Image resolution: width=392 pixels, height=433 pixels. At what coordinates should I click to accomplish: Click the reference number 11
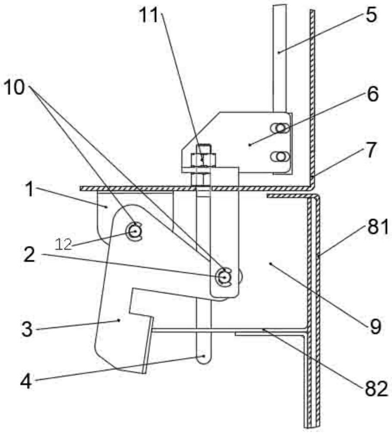click(149, 15)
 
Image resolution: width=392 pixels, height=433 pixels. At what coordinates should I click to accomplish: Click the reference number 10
click(14, 88)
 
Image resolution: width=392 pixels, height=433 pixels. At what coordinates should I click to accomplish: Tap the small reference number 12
click(64, 244)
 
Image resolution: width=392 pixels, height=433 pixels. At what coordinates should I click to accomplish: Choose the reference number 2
click(29, 254)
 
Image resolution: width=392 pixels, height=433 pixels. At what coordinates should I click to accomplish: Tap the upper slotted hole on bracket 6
click(280, 128)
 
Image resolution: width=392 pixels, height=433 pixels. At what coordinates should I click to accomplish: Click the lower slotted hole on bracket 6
click(280, 157)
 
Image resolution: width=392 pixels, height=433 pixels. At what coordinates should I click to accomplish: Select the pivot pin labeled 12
click(135, 231)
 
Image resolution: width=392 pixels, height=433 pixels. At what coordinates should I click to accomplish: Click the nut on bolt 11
click(203, 159)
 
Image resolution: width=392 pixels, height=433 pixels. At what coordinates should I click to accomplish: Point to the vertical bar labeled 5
click(280, 58)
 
